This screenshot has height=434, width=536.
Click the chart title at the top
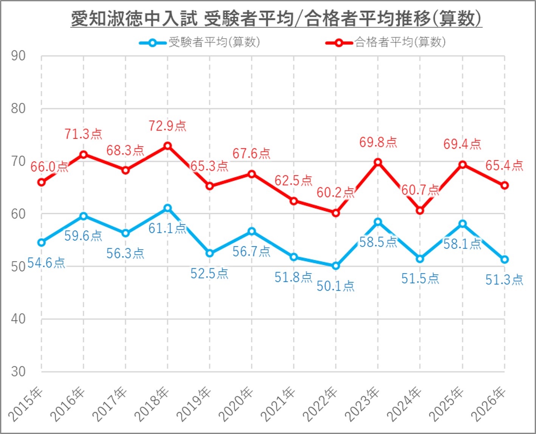276,19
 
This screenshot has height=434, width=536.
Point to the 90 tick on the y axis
18,56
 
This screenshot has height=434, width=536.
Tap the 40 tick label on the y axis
18,319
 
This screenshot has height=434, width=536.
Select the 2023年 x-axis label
363,404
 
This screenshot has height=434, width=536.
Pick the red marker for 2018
167,146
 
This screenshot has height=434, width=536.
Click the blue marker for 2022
336,266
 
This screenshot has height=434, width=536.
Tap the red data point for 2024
420,210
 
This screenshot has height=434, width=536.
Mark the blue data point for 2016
84,216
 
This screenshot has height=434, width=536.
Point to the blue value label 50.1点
336,286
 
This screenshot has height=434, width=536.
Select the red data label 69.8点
378,143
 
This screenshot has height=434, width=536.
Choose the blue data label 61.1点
167,228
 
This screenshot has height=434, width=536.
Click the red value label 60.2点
335,193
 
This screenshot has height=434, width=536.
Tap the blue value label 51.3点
504,280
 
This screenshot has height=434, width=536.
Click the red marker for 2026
504,185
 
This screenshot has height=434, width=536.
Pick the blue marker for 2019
209,253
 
